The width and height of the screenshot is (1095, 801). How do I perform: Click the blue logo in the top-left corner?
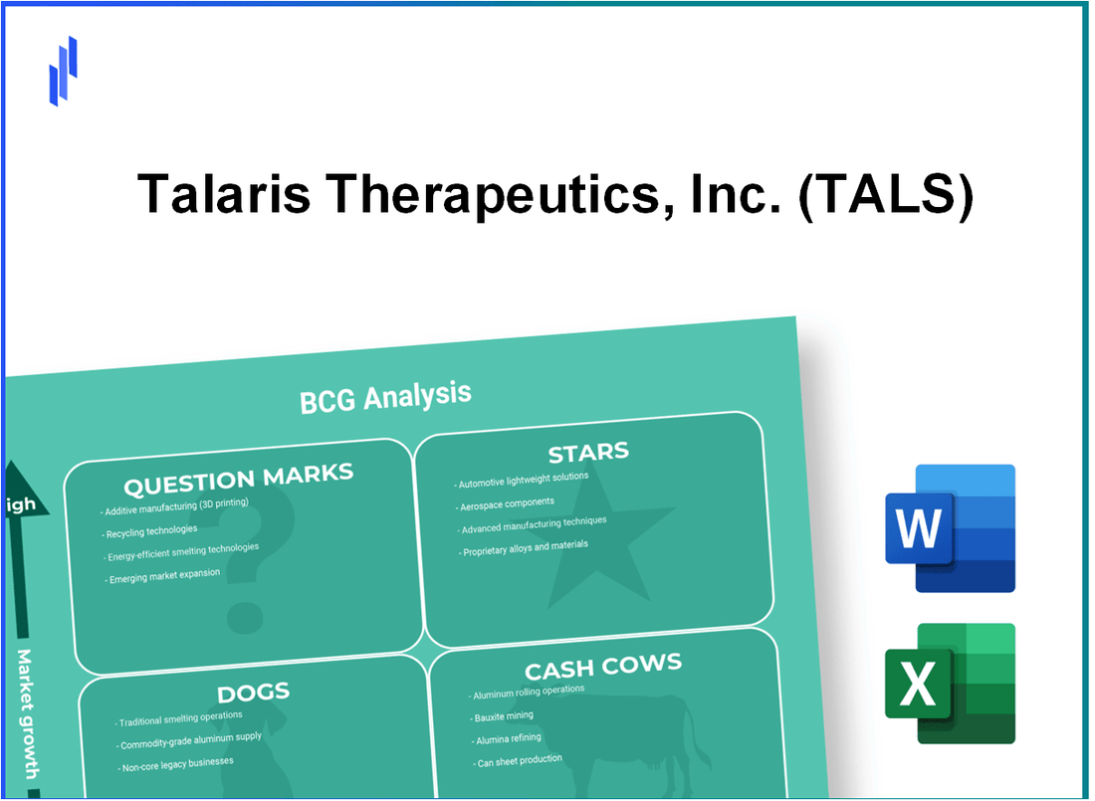[63, 71]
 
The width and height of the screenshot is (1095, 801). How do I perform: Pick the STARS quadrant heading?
[587, 454]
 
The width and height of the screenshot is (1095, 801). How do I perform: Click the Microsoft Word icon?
[950, 528]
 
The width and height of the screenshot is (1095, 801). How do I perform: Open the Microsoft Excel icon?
[950, 684]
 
